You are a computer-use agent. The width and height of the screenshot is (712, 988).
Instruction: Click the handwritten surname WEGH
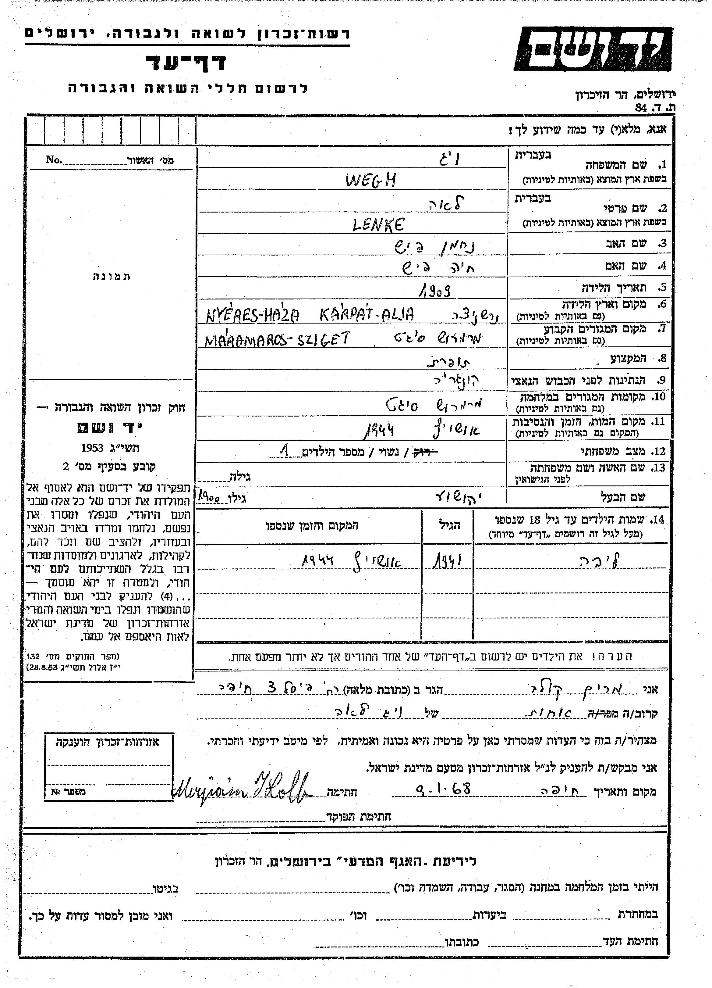[371, 180]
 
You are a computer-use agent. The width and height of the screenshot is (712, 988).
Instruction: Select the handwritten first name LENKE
[378, 224]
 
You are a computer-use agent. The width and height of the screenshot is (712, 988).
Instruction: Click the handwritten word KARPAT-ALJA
[367, 314]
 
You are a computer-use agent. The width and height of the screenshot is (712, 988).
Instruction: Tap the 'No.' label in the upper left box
[54, 159]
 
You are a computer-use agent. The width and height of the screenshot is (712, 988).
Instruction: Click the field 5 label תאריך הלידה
[615, 288]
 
